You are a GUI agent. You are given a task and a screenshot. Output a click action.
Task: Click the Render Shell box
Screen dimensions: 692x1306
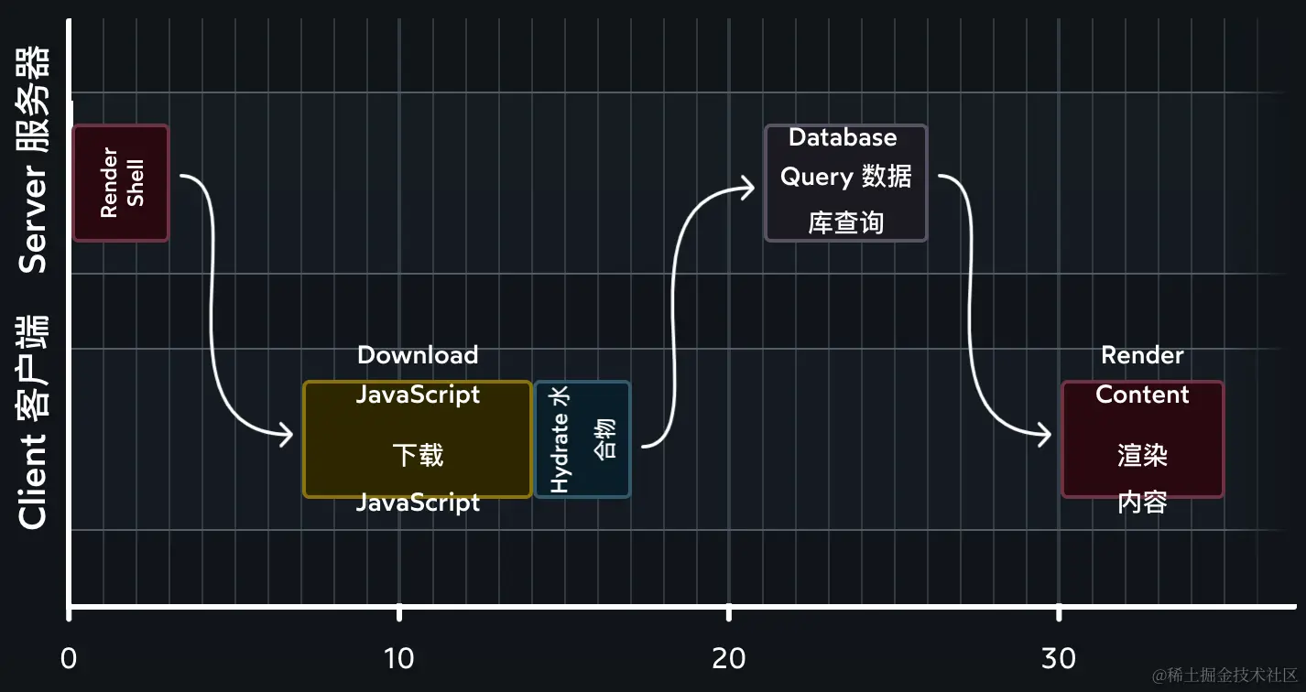point(121,183)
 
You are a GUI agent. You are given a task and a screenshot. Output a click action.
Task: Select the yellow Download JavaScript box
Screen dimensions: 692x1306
point(418,439)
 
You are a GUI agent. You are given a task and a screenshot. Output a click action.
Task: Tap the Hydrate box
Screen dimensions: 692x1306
point(582,439)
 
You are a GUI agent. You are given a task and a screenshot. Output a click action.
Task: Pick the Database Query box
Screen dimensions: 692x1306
point(846,183)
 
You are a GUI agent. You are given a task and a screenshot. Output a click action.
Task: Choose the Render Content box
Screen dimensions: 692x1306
point(1142,439)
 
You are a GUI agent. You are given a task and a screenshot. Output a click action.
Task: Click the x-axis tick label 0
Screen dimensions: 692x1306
point(69,658)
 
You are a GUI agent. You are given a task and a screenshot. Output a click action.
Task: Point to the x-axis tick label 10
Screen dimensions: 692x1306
point(399,658)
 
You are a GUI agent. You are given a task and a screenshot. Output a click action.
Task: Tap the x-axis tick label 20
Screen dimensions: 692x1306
point(729,658)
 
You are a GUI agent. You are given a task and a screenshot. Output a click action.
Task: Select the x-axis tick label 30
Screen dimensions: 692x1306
point(1059,658)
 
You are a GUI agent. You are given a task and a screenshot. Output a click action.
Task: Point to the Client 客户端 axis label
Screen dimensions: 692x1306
point(34,422)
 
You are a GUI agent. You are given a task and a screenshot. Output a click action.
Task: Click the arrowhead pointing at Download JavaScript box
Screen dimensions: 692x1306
point(288,436)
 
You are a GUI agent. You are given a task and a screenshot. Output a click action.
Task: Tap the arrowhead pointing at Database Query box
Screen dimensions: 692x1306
point(749,188)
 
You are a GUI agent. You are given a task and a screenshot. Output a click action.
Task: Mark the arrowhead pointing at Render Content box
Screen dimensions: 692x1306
point(1045,436)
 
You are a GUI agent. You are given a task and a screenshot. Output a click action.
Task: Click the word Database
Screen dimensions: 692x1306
point(843,137)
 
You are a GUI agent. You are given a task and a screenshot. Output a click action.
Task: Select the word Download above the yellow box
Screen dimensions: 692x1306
point(418,355)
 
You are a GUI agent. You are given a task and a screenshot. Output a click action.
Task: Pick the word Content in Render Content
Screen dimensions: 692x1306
point(1142,395)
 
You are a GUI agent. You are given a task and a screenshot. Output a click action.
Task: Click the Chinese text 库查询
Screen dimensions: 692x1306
point(846,222)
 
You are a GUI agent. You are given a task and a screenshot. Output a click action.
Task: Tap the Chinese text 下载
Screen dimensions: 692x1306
point(418,455)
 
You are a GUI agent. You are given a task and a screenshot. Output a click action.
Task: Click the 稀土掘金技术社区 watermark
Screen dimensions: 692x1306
point(1225,676)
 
